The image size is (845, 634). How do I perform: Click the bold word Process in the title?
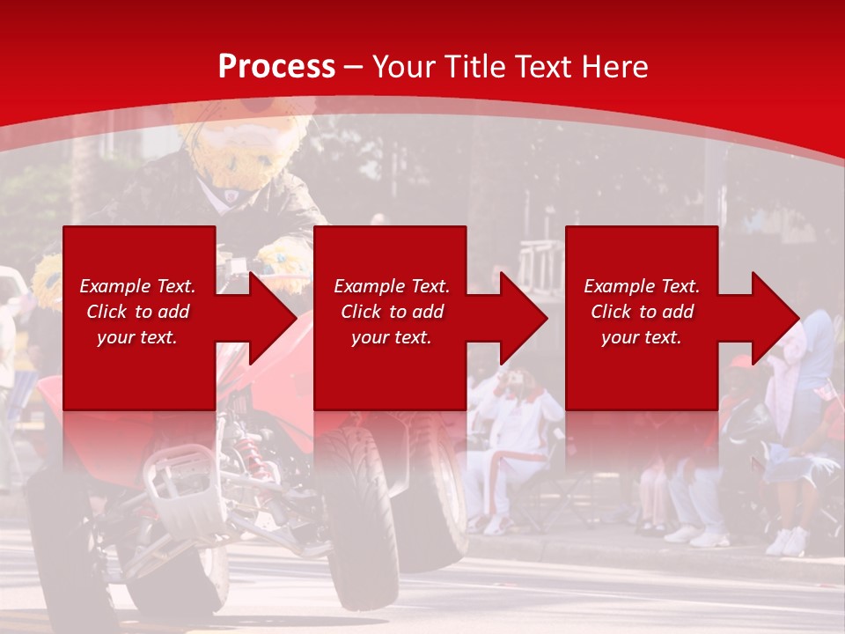(276, 67)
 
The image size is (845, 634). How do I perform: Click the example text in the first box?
(137, 312)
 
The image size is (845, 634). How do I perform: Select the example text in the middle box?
(392, 312)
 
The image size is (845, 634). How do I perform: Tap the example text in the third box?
(642, 312)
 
